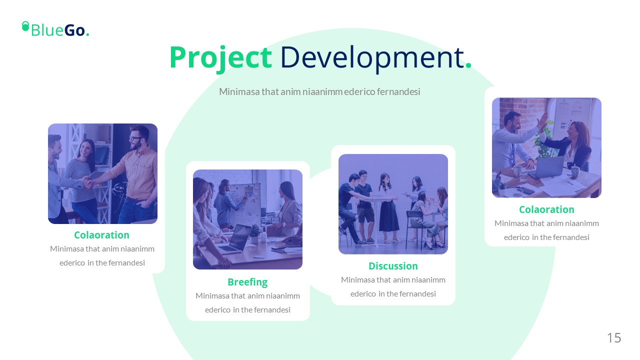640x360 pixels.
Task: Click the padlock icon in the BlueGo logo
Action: pyautogui.click(x=25, y=26)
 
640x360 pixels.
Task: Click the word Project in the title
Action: pyautogui.click(x=220, y=58)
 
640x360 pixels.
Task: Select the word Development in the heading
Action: pyautogui.click(x=372, y=58)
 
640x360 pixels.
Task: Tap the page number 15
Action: pyautogui.click(x=614, y=337)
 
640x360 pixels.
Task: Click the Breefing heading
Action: pyautogui.click(x=247, y=282)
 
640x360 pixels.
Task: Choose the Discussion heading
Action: pyautogui.click(x=393, y=266)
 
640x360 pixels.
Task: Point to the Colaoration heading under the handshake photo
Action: pyautogui.click(x=101, y=235)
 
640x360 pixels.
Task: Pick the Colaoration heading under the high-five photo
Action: pyautogui.click(x=546, y=209)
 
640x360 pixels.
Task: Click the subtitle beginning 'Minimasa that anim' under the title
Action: pyautogui.click(x=319, y=91)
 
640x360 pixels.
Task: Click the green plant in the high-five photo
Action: pyautogui.click(x=545, y=140)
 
